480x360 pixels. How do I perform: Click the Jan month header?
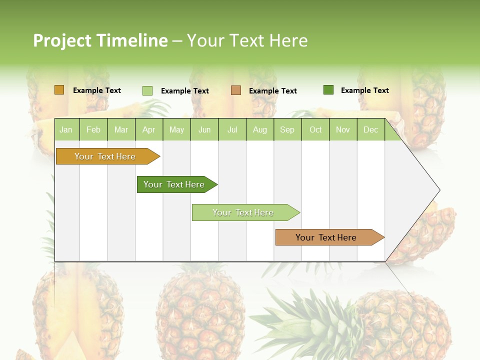[x=66, y=129]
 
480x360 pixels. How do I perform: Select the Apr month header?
[x=148, y=129]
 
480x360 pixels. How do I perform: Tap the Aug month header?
[x=259, y=129]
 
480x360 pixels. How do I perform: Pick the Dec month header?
[x=370, y=129]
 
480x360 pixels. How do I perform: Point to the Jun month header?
[x=204, y=129]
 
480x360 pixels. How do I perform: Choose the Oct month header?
[x=315, y=129]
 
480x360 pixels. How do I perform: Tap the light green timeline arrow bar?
[x=243, y=212]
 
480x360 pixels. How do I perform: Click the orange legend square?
[x=59, y=90]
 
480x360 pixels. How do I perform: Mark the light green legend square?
[x=147, y=90]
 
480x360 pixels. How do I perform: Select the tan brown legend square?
[x=236, y=90]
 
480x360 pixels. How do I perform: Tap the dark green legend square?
[x=328, y=90]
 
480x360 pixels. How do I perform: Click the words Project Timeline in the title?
[x=100, y=40]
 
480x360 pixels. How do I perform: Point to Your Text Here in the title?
[x=247, y=40]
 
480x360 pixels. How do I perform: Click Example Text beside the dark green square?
[x=364, y=90]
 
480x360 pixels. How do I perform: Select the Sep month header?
[x=287, y=129]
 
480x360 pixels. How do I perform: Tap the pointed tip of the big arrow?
[x=438, y=190]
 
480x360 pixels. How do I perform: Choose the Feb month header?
[x=93, y=129]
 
